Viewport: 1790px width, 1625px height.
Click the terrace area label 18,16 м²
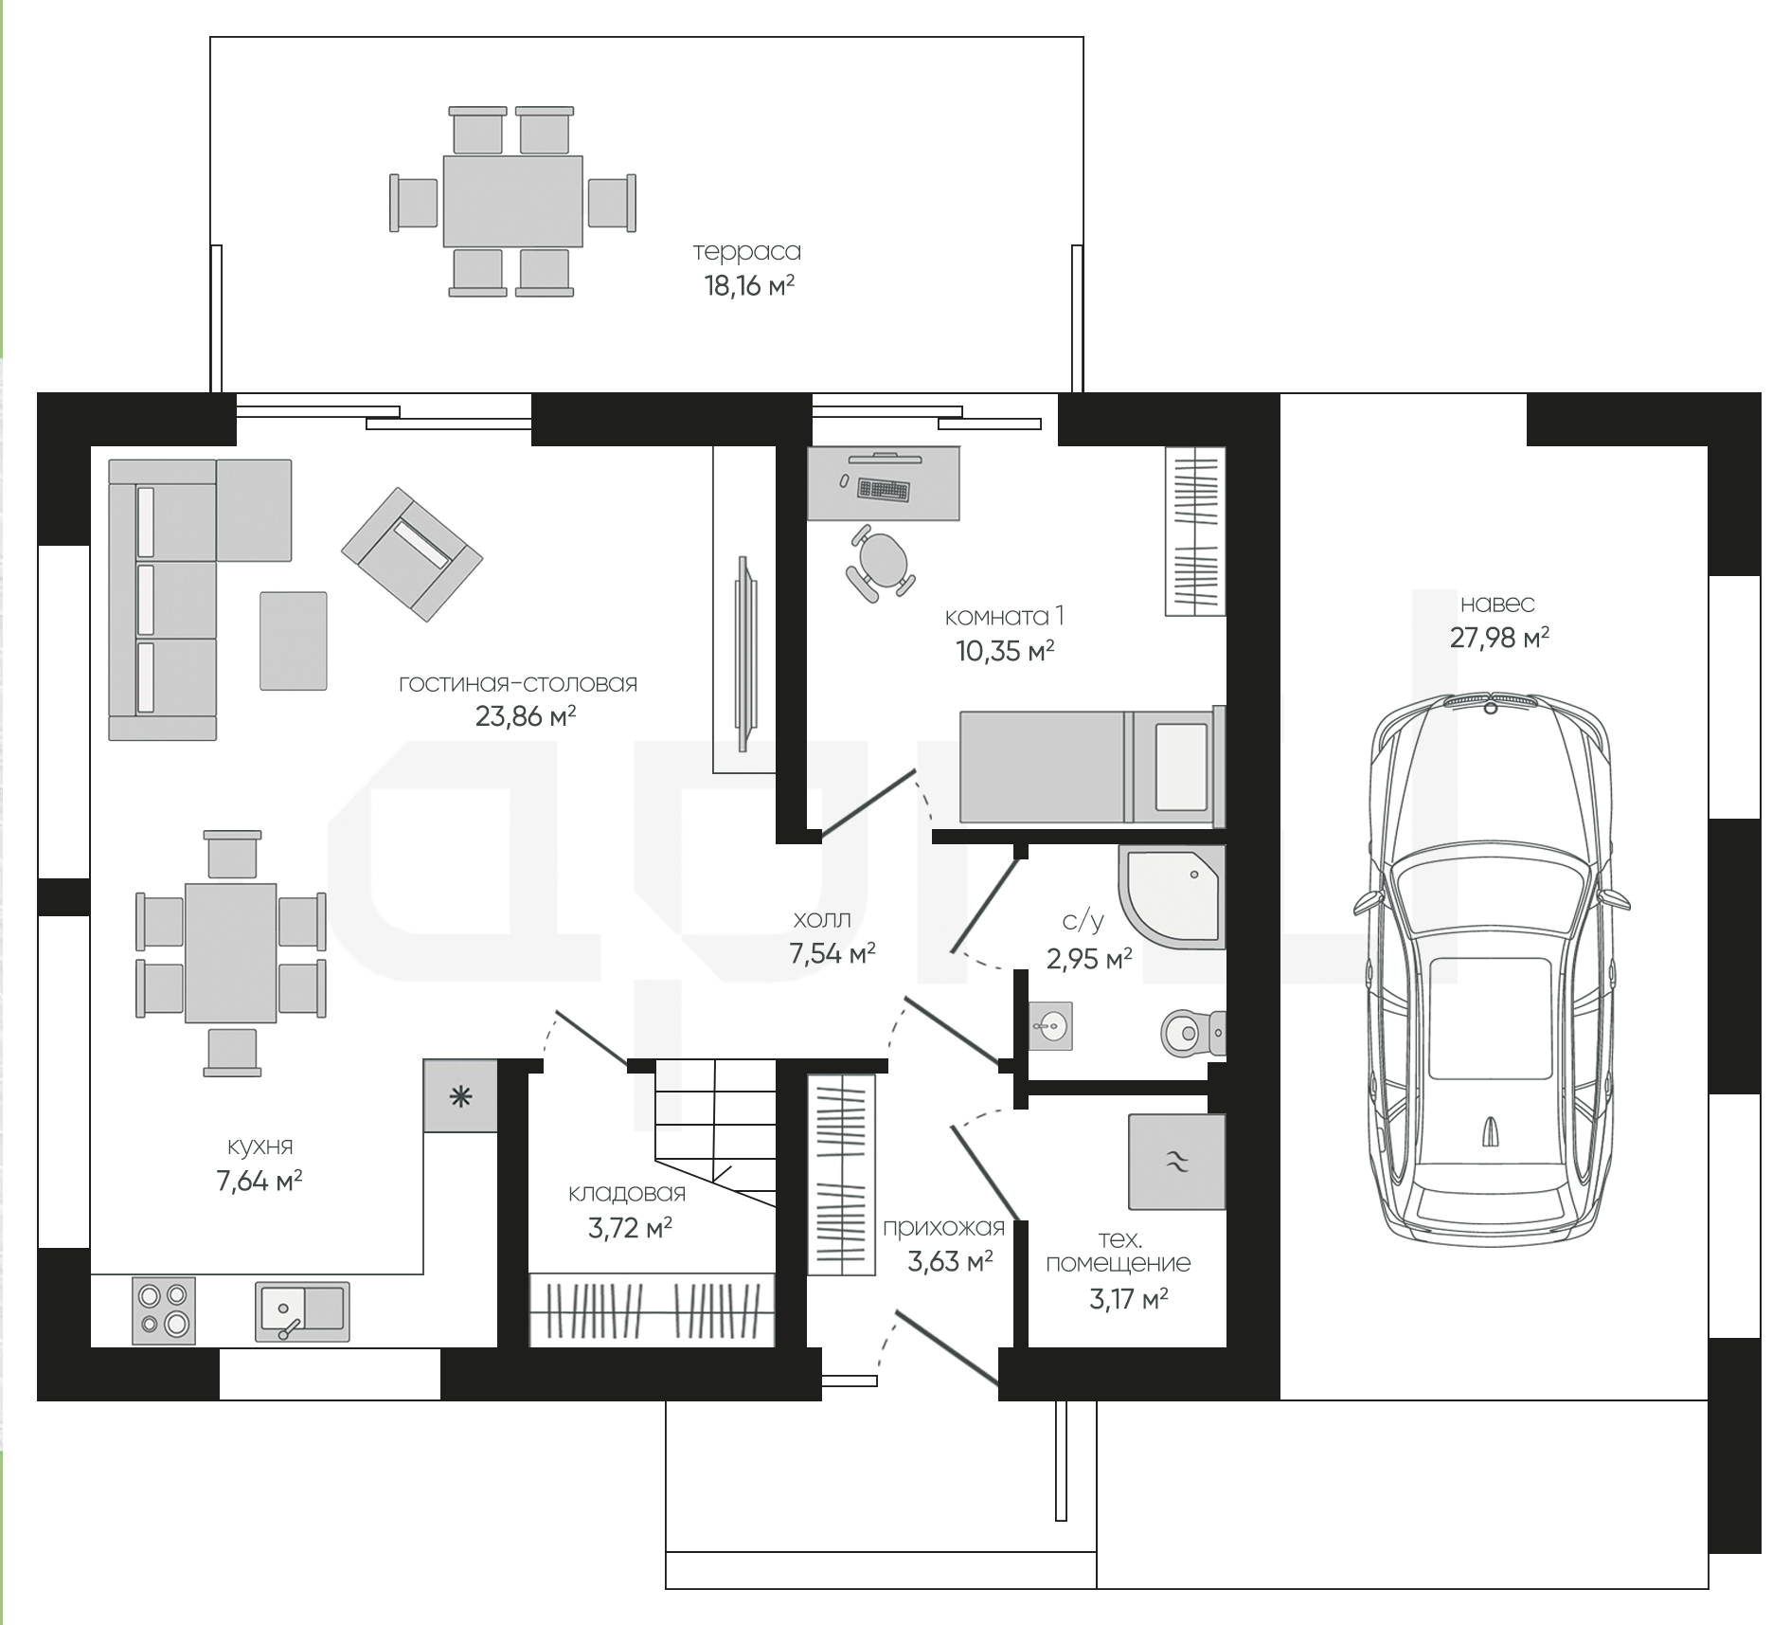(x=748, y=285)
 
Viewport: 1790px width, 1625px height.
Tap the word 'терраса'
(x=747, y=252)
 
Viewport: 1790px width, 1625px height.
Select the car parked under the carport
(x=1492, y=968)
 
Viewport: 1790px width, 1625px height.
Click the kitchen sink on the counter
(x=302, y=1310)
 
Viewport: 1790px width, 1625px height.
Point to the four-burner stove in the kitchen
(x=164, y=1310)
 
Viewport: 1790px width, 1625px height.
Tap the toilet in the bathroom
(x=1192, y=1030)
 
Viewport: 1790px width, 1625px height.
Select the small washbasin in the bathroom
(x=1050, y=1025)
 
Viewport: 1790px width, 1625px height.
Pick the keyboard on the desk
(x=882, y=489)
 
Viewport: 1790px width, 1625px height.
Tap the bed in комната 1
(x=1093, y=767)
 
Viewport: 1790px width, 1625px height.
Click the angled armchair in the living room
(x=412, y=554)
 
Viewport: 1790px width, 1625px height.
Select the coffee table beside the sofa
(x=294, y=641)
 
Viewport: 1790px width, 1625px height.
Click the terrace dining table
(x=512, y=201)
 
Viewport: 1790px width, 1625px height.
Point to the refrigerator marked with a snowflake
(x=460, y=1096)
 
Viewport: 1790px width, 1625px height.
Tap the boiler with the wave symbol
(x=1177, y=1162)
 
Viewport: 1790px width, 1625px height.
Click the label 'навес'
(x=1497, y=604)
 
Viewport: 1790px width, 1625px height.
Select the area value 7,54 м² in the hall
(x=832, y=953)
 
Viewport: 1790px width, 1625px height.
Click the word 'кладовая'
(x=627, y=1194)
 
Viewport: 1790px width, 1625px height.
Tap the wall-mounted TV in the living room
(x=745, y=641)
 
